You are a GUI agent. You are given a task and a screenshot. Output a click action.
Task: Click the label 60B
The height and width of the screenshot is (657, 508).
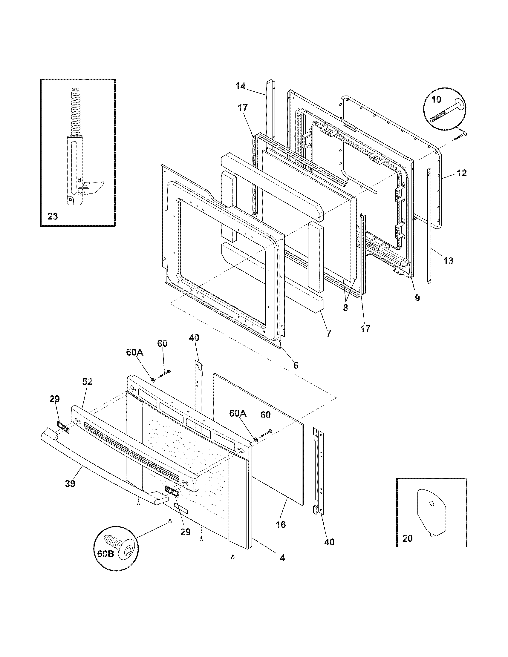(x=105, y=562)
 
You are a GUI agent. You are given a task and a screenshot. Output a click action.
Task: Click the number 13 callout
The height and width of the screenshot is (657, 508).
(x=448, y=260)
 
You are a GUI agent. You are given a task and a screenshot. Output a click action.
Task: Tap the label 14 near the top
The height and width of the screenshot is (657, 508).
(x=240, y=86)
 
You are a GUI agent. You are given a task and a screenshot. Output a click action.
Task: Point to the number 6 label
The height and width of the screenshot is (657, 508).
(x=296, y=365)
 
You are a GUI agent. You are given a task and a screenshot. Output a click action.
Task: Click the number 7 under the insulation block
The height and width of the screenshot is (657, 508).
(x=328, y=333)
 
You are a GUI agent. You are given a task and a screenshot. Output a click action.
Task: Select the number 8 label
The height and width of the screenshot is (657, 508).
(x=345, y=308)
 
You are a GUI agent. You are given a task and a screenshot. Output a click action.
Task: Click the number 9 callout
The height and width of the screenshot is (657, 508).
(x=417, y=297)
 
